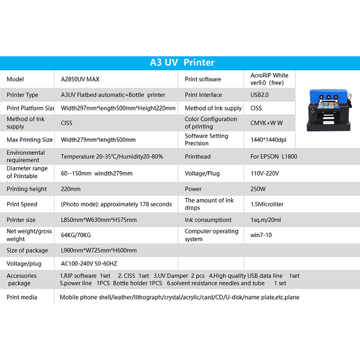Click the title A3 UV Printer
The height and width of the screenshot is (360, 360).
[182, 62]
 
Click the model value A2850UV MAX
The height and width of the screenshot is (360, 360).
[80, 79]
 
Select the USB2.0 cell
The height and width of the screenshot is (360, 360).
[261, 95]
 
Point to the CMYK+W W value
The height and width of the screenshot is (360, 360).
[266, 122]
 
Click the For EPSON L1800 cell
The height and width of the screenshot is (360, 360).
[274, 156]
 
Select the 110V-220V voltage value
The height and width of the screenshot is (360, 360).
[265, 173]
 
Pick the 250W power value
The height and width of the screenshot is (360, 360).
[258, 188]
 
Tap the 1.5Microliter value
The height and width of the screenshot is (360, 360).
[268, 204]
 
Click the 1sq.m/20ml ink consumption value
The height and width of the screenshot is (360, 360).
[266, 220]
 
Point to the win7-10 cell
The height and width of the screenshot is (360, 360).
[262, 235]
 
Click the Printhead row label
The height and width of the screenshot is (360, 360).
[197, 156]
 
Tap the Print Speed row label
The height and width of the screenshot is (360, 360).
[22, 204]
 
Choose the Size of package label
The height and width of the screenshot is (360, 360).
[28, 250]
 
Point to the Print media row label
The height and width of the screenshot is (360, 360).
[22, 297]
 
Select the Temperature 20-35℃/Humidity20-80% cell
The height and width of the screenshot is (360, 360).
[112, 156]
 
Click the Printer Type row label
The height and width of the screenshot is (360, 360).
[22, 95]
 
